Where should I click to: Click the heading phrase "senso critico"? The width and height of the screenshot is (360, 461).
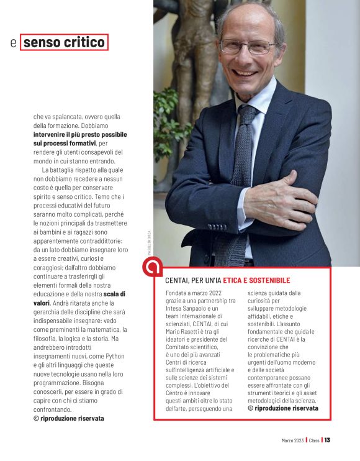pos(65,42)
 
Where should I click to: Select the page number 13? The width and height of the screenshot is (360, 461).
pos(327,440)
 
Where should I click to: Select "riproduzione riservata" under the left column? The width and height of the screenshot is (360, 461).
pos(72,419)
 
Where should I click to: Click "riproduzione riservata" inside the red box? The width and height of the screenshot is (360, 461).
pos(286,408)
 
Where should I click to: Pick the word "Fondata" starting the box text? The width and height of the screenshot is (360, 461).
pos(176,292)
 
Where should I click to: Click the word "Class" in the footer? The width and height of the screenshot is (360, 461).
pos(314,440)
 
